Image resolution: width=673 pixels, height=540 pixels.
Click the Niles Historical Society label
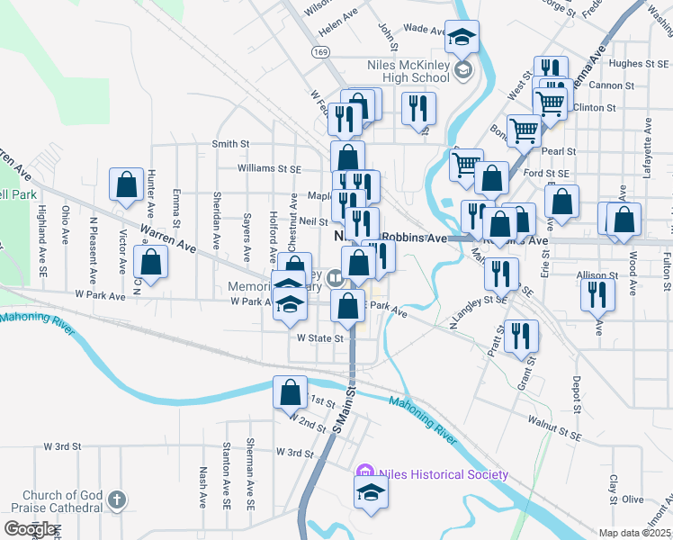pos(444,474)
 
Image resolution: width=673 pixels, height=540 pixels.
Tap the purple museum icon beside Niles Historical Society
pos(364,472)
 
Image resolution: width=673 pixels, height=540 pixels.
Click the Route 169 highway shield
pos(320,52)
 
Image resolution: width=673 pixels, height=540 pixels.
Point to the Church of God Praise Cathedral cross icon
pos(116,499)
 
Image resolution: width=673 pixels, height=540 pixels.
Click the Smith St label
pos(230,144)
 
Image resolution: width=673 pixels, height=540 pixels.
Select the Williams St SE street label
pos(269,168)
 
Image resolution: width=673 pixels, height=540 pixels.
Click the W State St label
pos(320,339)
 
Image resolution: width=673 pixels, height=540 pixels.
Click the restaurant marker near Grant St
pos(521,336)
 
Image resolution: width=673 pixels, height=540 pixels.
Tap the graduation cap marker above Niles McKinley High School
pos(462,37)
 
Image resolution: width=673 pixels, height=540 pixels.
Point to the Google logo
pos(29,528)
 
